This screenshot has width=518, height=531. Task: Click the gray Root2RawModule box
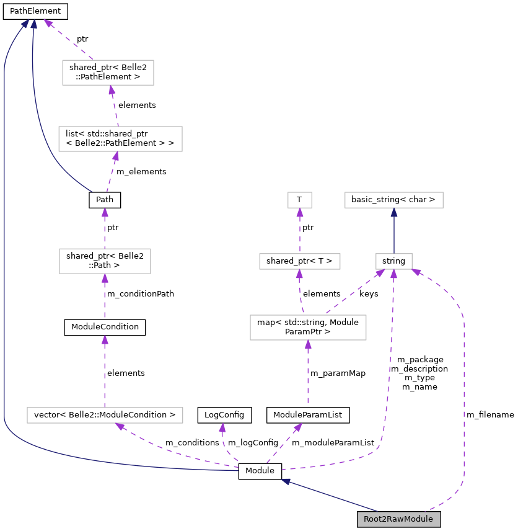tap(398, 519)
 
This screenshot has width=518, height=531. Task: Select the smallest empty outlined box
tap(300, 200)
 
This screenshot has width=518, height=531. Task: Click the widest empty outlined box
tap(105, 415)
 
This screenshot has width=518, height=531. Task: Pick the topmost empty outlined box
tap(108, 73)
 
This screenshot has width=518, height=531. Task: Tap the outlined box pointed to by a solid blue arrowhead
tap(394, 200)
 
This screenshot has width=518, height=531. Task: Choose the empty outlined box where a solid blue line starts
tap(394, 261)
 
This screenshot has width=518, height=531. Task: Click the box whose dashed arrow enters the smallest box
tap(300, 261)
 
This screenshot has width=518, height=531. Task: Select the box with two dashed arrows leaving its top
tap(308, 328)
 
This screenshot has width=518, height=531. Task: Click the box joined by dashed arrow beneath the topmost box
tap(120, 139)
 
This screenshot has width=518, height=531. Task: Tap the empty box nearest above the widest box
tap(105, 261)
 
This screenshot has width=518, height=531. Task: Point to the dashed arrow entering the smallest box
tap(300, 233)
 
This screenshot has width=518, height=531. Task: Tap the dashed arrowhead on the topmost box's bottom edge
tap(112, 90)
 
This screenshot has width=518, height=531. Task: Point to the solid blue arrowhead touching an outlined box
tap(394, 212)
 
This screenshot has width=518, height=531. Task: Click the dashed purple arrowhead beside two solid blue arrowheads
tap(48, 24)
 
